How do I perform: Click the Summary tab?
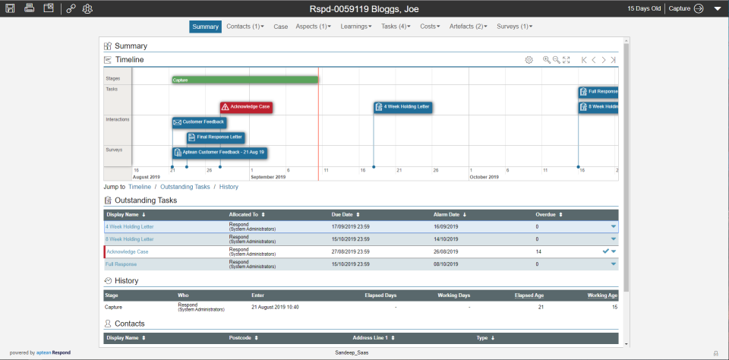tap(205, 27)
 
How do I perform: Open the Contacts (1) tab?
tap(245, 27)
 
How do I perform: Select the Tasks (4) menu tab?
tap(395, 27)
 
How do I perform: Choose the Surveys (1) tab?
tap(514, 27)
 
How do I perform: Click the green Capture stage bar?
tap(245, 80)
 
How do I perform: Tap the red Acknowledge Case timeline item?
tap(247, 107)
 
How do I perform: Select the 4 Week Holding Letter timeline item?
tap(403, 107)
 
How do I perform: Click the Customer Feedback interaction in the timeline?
tap(200, 122)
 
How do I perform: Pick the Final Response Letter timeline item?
tap(216, 137)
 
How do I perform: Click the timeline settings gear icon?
tap(529, 59)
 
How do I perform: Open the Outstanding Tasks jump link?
tap(185, 187)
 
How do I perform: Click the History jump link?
tap(229, 187)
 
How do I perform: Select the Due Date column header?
tap(346, 215)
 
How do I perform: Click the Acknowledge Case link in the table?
tap(127, 251)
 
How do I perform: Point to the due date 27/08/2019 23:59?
tap(350, 251)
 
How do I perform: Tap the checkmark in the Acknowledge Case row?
tap(605, 251)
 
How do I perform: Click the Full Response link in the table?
tap(121, 264)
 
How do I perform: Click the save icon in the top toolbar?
tap(11, 8)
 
